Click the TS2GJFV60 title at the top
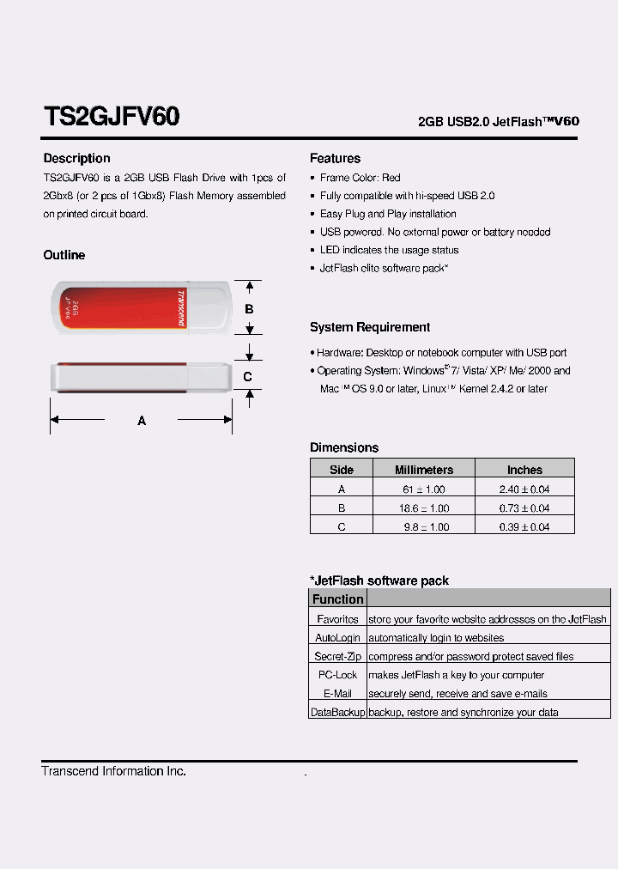coord(111,117)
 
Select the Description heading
coord(77,159)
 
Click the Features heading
coord(335,159)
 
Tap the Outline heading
coord(64,256)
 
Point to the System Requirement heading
coord(370,327)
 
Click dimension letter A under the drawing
coord(142,421)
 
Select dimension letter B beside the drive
coord(249,309)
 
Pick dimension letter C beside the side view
coord(247,376)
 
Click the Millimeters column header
coord(424,470)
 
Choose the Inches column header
coord(524,470)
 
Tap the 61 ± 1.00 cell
coord(424,489)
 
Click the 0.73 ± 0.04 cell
coord(524,508)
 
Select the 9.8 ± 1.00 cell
coord(424,527)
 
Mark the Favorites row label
coord(337,619)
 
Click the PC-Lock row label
coord(337,675)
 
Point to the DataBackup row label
coord(337,713)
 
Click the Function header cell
coord(337,599)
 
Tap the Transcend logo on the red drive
coord(181,307)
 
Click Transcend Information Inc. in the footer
coord(114,771)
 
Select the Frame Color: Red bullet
coord(360,178)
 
